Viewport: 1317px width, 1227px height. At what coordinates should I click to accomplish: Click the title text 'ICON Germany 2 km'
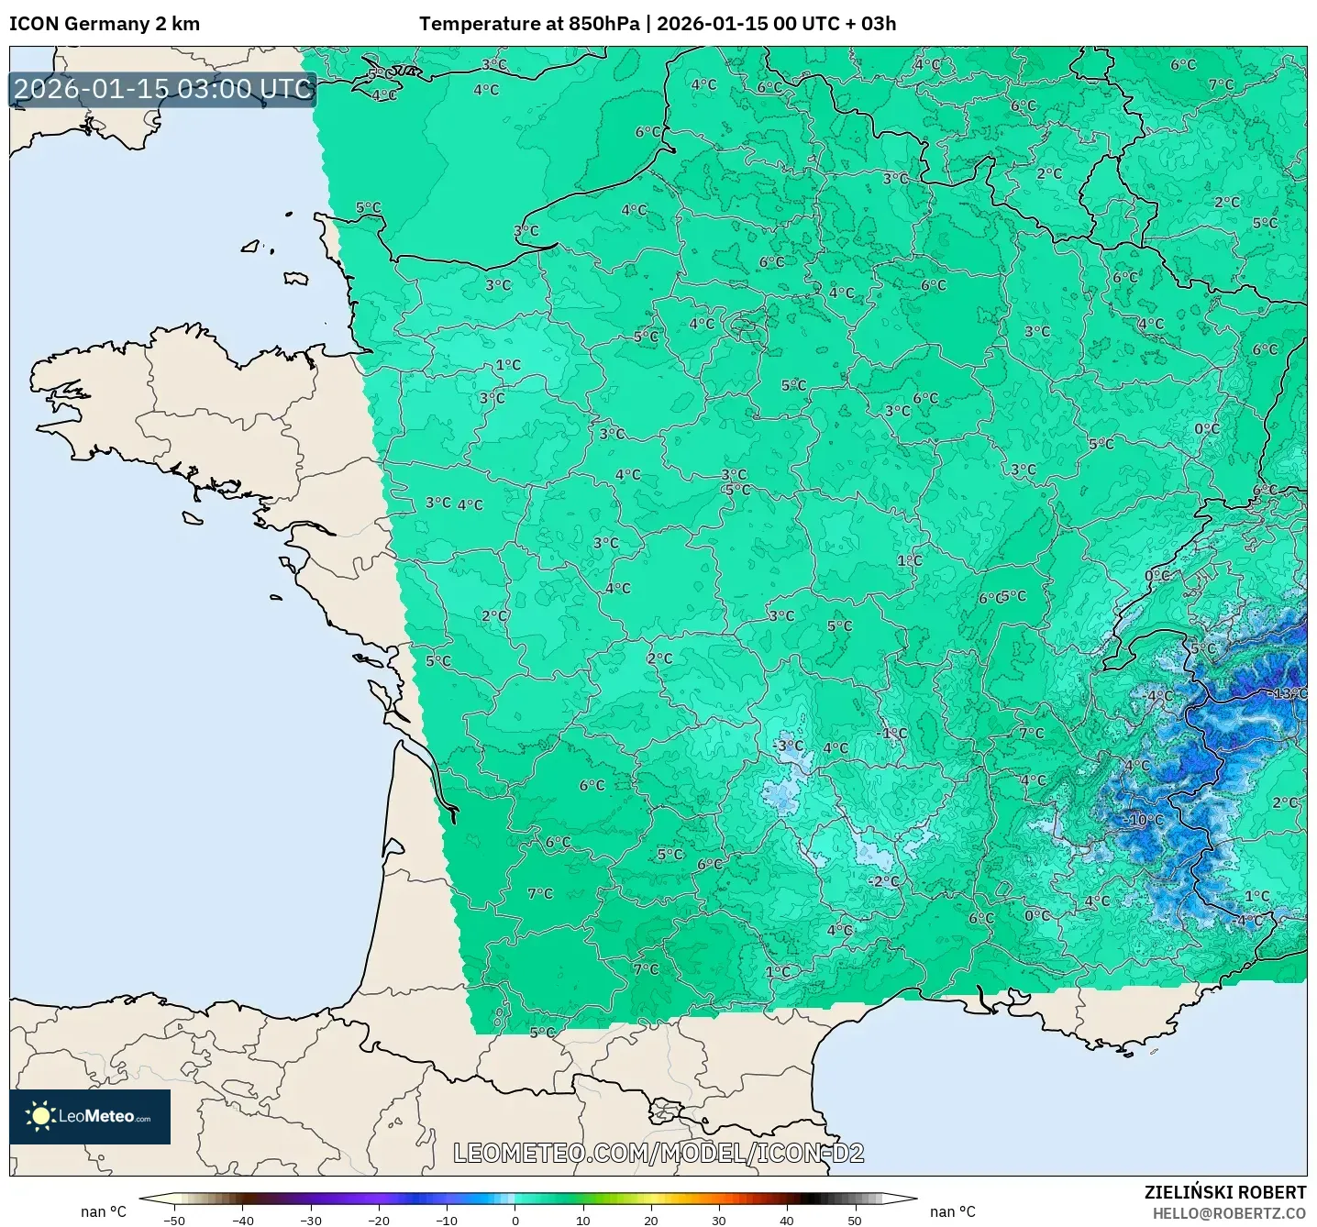105,24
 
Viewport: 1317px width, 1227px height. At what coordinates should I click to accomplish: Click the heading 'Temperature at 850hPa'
528,24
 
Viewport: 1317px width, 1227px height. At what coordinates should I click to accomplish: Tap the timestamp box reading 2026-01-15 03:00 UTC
163,89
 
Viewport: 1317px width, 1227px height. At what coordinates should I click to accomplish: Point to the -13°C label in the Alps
1289,693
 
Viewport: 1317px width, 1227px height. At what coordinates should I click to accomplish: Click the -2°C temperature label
883,881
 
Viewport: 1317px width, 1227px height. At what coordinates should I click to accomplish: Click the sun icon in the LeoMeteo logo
40,1116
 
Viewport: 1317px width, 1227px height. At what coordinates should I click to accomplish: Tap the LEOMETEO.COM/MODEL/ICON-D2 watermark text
658,1153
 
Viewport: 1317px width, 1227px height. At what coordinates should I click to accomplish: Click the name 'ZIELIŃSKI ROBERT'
1224,1192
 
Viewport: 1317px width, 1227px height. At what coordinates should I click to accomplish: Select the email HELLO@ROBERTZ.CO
1229,1213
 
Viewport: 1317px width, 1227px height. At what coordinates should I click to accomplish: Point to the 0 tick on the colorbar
515,1220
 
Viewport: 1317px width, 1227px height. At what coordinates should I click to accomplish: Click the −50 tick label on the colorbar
173,1220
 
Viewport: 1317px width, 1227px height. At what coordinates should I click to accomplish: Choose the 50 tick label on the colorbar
854,1220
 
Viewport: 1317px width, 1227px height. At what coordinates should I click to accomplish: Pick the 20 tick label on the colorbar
650,1220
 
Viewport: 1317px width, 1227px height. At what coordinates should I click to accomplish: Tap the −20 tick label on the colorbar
378,1220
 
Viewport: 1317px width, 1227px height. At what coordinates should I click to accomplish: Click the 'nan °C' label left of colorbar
104,1211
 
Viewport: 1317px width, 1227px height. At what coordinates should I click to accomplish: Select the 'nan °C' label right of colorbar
952,1211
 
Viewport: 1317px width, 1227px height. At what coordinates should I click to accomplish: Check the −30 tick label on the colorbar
310,1220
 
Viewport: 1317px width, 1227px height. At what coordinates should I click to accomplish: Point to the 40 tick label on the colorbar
786,1220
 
